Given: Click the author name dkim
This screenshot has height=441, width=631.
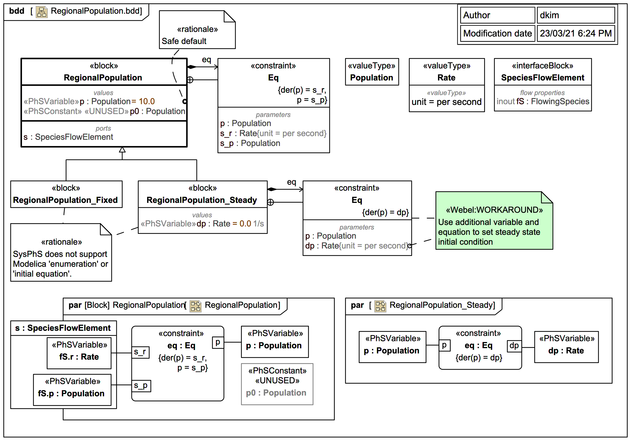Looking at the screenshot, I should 549,15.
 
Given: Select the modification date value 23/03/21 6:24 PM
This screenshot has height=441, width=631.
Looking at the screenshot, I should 575,33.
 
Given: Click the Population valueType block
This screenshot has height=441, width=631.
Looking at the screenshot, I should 372,72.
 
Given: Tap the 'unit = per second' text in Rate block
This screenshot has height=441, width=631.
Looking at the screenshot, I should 446,102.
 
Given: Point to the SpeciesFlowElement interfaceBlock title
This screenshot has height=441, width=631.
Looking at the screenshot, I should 542,78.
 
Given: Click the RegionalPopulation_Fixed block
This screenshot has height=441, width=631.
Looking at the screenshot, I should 66,194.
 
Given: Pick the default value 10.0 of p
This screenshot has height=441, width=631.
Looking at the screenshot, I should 147,101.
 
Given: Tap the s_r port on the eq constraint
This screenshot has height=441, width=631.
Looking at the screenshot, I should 141,352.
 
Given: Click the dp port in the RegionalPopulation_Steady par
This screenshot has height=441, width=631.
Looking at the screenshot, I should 514,346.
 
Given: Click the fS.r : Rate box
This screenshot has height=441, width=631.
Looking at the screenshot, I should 79,353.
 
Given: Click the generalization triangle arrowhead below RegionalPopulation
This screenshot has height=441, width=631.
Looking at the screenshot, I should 122,150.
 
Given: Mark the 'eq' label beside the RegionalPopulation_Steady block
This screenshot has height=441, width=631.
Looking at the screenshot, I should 291,182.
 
